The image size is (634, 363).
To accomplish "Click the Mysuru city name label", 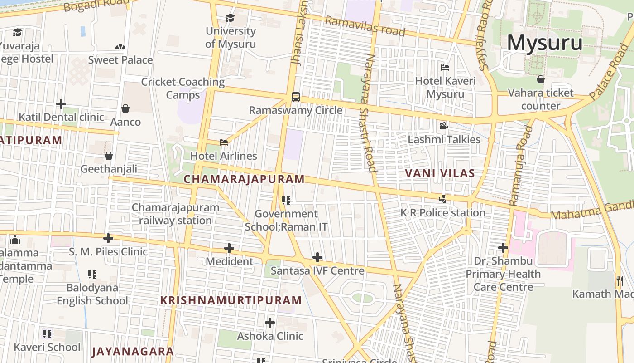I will pos(544,43).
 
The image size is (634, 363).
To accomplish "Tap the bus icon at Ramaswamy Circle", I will pos(295,97).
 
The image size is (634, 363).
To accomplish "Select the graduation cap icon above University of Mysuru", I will pos(231,18).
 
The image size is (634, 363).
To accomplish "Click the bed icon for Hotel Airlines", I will pos(224,142).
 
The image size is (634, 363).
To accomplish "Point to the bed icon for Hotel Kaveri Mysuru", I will pos(445,68).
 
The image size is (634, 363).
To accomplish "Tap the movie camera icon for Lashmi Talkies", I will pos(443,126).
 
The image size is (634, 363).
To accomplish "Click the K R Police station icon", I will pos(443,199).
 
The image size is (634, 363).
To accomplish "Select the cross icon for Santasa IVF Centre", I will pos(317,257).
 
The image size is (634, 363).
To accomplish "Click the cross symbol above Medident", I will pos(229,248).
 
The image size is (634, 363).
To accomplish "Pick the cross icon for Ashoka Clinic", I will pos(270,323).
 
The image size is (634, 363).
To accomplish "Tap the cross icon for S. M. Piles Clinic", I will pos(108,238).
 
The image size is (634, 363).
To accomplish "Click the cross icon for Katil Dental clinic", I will pos(61,104).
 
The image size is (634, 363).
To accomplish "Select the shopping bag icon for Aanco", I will pos(125,108).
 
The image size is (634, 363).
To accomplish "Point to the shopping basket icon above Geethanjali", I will pos(109,156).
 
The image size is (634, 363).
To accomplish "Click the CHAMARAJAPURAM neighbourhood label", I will pos(244,179).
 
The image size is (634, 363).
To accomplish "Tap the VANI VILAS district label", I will pos(440,173).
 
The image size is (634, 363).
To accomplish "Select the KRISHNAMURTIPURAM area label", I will pos(231,300).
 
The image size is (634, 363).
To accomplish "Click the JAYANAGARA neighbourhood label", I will pos(133,351).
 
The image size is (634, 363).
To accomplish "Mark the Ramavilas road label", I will pos(365,26).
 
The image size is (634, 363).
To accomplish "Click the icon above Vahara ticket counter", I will pos(540,79).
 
